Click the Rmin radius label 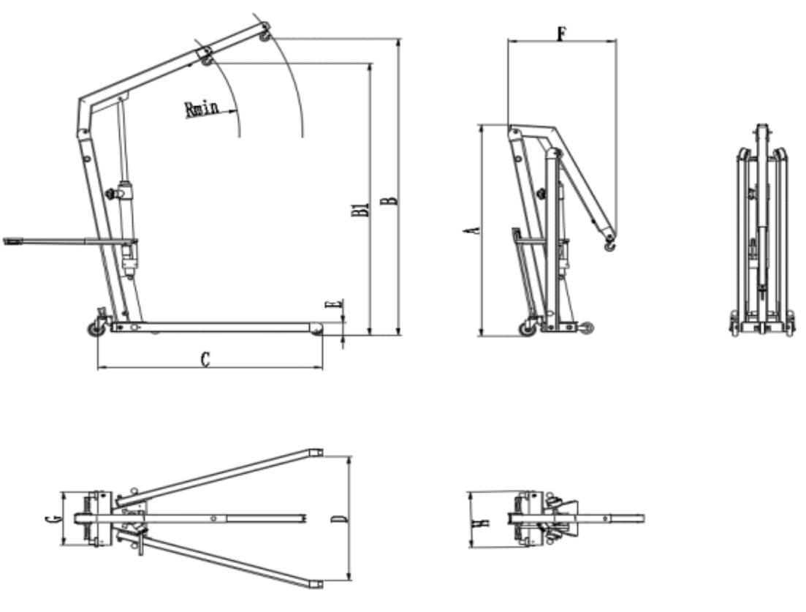(202, 108)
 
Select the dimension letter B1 (362, 208)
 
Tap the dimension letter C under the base (205, 359)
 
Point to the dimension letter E (334, 304)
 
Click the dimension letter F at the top (563, 34)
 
